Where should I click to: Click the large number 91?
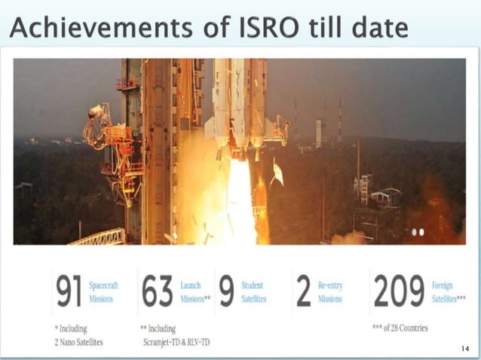tap(69, 292)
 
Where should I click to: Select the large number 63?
tap(157, 292)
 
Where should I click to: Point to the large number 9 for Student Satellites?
tap(225, 292)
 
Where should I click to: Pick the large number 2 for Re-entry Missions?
tap(303, 292)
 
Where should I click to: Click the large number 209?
tap(398, 292)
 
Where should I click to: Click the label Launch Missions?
tap(195, 292)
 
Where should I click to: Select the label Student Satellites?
tap(254, 292)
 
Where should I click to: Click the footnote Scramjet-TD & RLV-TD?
tap(176, 341)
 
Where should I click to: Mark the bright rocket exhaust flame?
tap(240, 203)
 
